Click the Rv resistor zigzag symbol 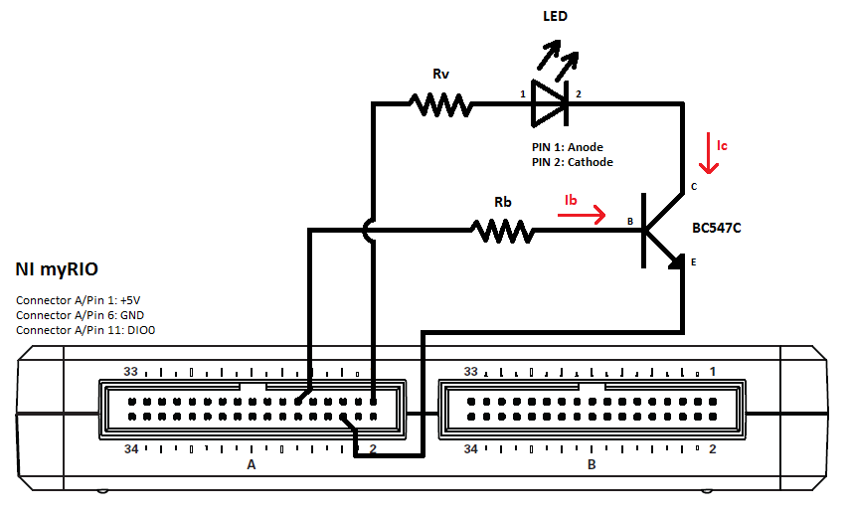click(438, 103)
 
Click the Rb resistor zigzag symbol click(502, 233)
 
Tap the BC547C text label click(717, 228)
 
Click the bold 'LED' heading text click(556, 16)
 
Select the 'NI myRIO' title click(57, 269)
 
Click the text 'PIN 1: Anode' click(568, 147)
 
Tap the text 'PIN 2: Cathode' click(573, 162)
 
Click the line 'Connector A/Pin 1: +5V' click(78, 300)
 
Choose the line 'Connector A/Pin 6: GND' click(78, 315)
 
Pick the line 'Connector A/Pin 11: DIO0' click(85, 330)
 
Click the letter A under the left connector click(252, 465)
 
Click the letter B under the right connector click(592, 465)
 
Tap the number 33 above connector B click(472, 371)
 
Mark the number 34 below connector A click(131, 449)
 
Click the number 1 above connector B click(712, 371)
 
